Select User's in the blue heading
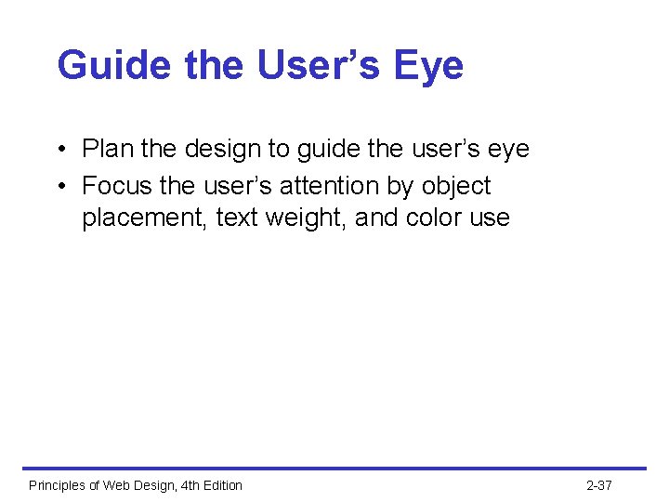point(303,66)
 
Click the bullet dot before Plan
point(59,150)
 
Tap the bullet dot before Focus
point(59,186)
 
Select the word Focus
point(116,186)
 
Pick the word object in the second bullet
point(456,187)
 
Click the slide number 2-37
point(599,485)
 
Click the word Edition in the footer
point(218,485)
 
